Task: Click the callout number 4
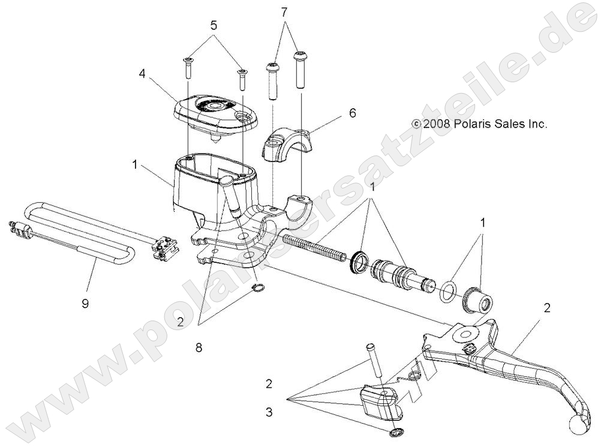coord(143,74)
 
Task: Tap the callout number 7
coord(284,11)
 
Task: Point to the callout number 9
coord(85,303)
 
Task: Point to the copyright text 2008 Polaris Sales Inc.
coord(479,124)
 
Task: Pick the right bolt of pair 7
coord(300,70)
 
